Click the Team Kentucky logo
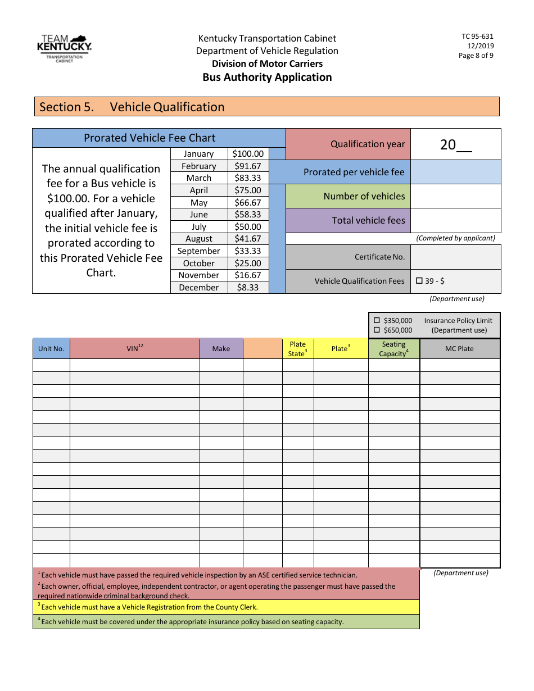click(x=64, y=48)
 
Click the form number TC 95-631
click(x=477, y=37)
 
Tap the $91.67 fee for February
click(x=248, y=166)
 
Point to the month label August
click(x=198, y=239)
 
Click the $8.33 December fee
click(x=248, y=288)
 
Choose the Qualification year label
click(x=368, y=144)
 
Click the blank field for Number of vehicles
click(x=455, y=197)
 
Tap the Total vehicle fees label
click(x=368, y=221)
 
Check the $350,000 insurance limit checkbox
click(x=377, y=321)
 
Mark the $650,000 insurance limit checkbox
click(x=377, y=330)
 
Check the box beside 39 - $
click(x=419, y=281)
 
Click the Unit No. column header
click(x=51, y=349)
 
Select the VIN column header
click(x=135, y=348)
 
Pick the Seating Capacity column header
click(x=393, y=349)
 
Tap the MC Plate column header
click(x=459, y=349)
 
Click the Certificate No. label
click(x=379, y=257)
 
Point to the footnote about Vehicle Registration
click(x=150, y=607)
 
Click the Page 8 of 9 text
click(x=476, y=56)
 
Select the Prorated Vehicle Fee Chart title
click(x=150, y=138)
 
